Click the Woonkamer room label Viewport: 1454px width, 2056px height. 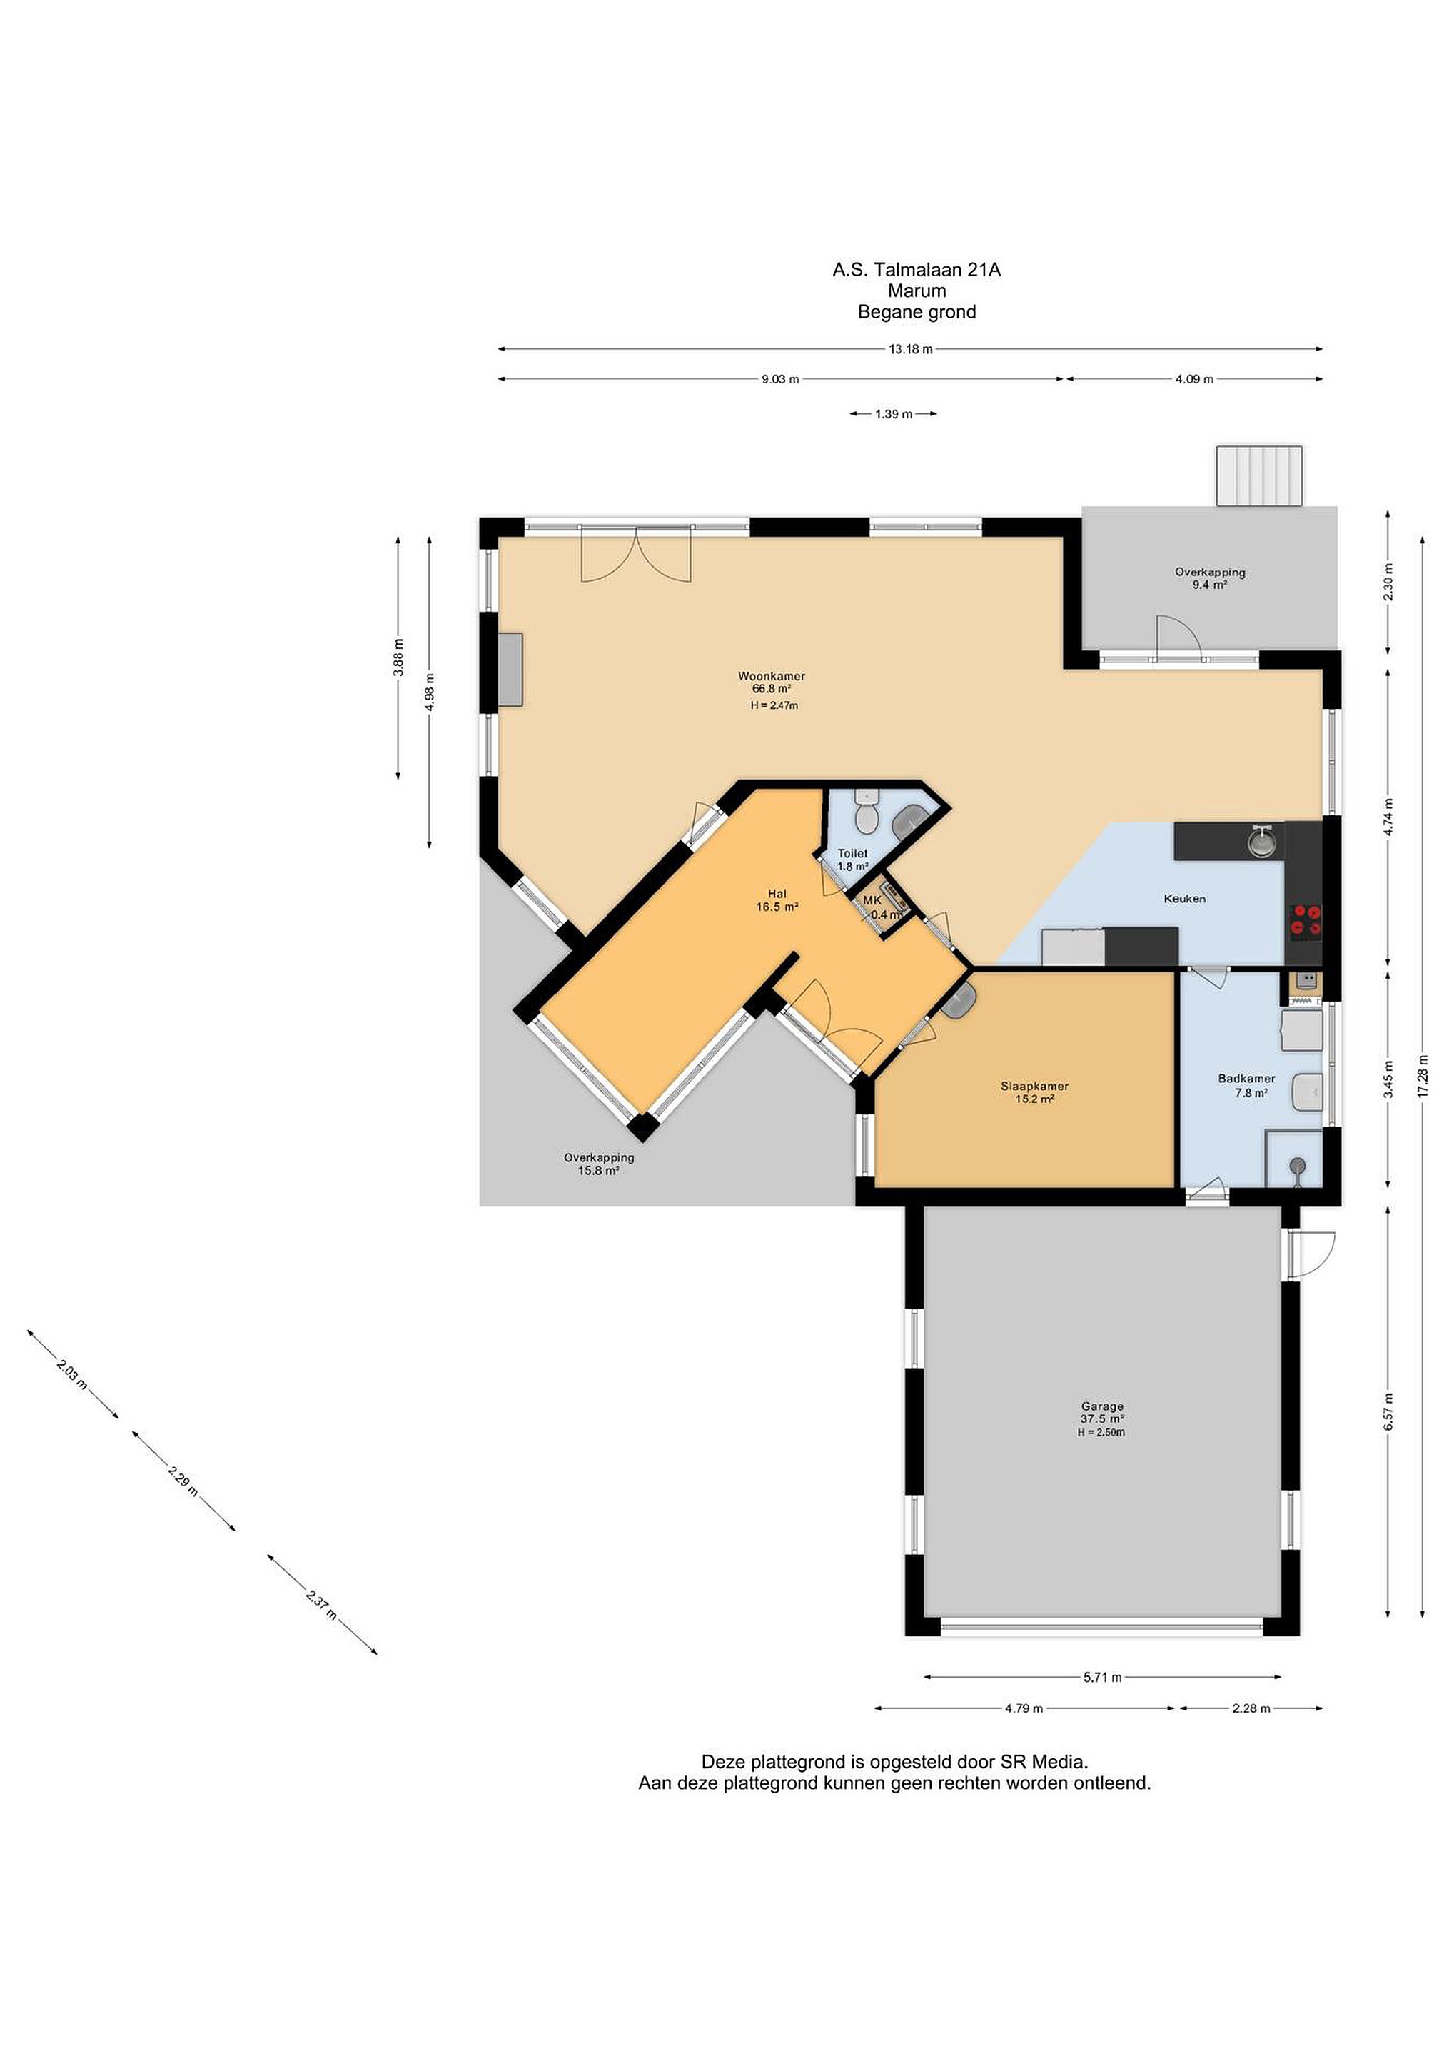coord(771,677)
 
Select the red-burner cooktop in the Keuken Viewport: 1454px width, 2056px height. coord(1305,922)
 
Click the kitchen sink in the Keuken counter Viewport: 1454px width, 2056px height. coord(1263,841)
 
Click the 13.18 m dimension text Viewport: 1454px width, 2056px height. coord(911,349)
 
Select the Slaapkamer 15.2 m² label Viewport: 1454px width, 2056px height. coord(1034,1092)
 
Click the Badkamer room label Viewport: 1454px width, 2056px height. coord(1246,1078)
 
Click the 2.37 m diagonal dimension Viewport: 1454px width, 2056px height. coord(321,1605)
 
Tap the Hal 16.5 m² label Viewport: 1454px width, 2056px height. coord(776,900)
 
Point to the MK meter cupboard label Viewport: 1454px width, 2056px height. coord(872,900)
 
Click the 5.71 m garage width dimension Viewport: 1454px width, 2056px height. coord(1102,1677)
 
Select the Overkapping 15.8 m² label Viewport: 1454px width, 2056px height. coord(598,1164)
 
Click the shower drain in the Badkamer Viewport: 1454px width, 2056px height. coord(1297,1166)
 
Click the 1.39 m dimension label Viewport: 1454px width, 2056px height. coord(894,414)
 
